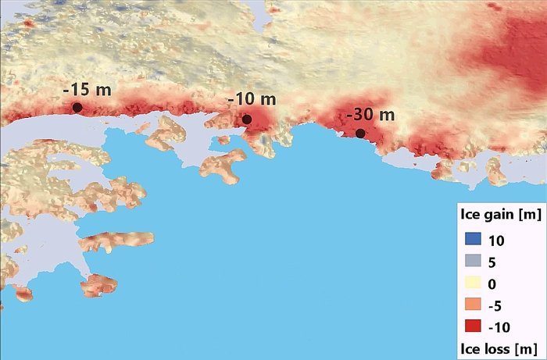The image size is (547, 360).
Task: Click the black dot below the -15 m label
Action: [x=77, y=107]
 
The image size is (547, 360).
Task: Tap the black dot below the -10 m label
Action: [x=246, y=119]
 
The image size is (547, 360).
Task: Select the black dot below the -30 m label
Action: [x=360, y=133]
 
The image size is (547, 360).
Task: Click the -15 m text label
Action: [x=87, y=89]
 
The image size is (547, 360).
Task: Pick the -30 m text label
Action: [x=370, y=115]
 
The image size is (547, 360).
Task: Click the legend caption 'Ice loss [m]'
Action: [x=499, y=345]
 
